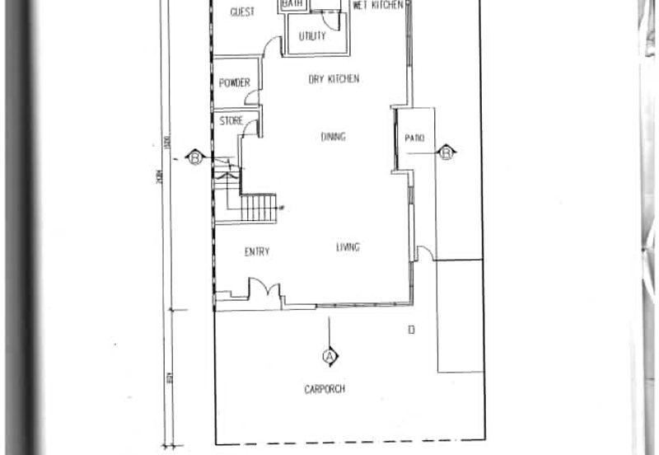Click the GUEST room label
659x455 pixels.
(242, 12)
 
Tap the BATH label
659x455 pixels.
(293, 5)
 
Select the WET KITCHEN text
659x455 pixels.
(377, 6)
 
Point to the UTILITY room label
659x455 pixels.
(312, 36)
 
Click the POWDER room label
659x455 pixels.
(234, 82)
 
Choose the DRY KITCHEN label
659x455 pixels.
(334, 79)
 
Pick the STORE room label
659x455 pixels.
(231, 121)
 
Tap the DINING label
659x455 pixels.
(333, 137)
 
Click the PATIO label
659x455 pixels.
(414, 138)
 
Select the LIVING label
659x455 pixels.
(348, 247)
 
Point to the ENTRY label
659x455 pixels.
(257, 251)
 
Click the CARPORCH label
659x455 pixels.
(325, 389)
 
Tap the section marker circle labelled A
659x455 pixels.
(329, 356)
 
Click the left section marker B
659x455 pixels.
(195, 157)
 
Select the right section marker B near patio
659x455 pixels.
(446, 152)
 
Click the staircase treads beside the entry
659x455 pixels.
(259, 208)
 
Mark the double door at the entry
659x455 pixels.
(265, 290)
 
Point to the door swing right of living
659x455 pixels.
(425, 252)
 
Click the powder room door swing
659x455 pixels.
(252, 98)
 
